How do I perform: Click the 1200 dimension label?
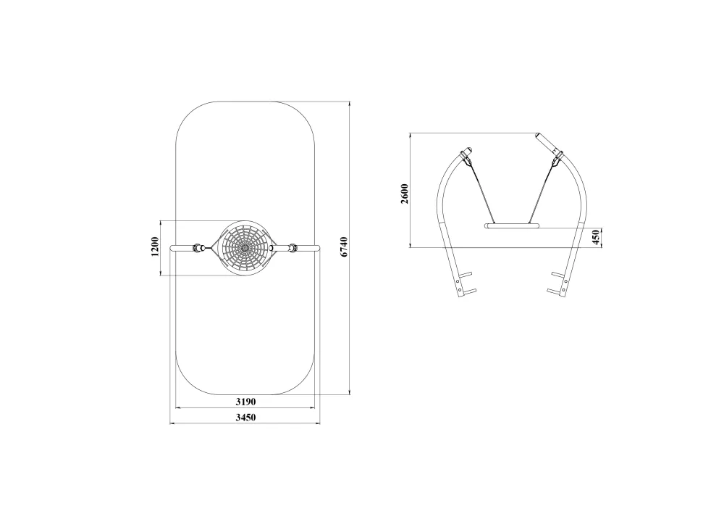155,246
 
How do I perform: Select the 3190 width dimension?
245,402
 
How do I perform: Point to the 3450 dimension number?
245,418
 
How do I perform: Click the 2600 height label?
405,194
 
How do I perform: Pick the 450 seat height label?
596,238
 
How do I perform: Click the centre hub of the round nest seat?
244,248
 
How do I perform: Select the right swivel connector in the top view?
292,248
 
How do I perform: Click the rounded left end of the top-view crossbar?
172,248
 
